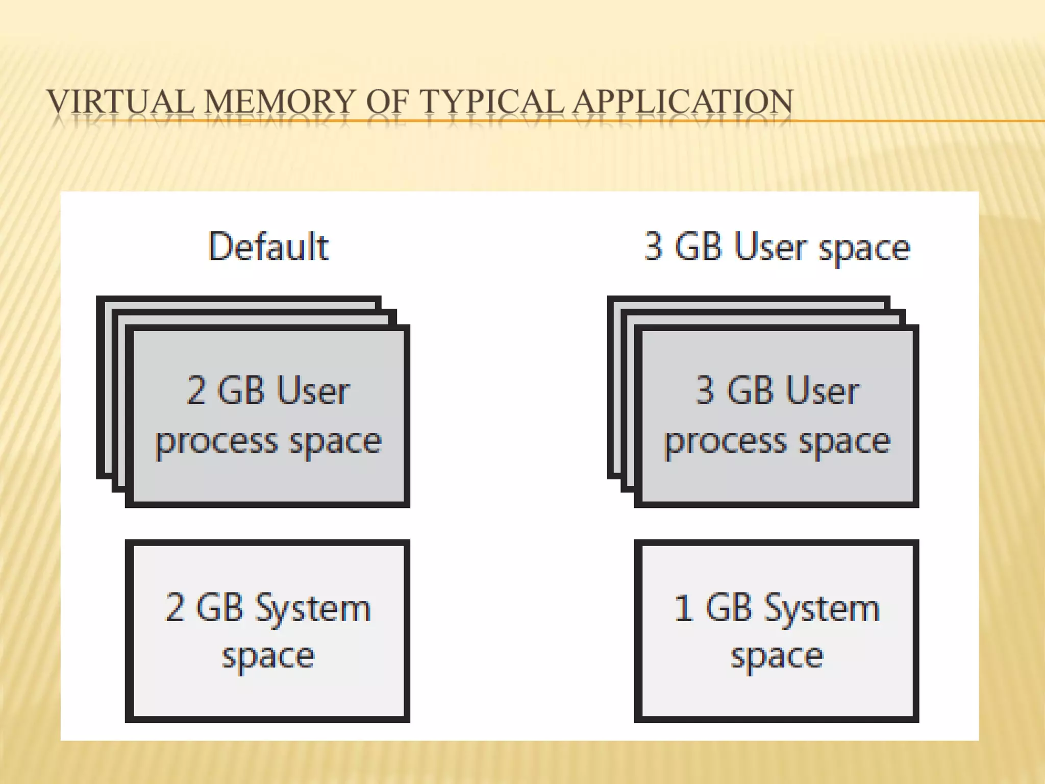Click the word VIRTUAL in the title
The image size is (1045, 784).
(x=120, y=101)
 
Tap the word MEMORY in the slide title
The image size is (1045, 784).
(x=279, y=101)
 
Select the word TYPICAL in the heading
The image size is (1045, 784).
(x=492, y=101)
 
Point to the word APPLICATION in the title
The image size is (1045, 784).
(x=683, y=101)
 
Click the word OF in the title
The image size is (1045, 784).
(x=387, y=101)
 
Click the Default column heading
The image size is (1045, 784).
(x=268, y=247)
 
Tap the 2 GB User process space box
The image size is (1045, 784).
(x=268, y=416)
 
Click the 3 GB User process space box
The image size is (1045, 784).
(x=777, y=416)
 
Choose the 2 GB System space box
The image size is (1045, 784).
(x=268, y=631)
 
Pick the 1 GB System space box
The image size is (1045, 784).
(x=777, y=631)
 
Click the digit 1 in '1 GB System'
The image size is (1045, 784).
(x=683, y=608)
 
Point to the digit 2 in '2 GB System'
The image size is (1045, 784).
(x=175, y=608)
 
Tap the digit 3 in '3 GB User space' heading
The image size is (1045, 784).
(x=654, y=247)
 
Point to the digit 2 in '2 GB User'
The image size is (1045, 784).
(x=196, y=391)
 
